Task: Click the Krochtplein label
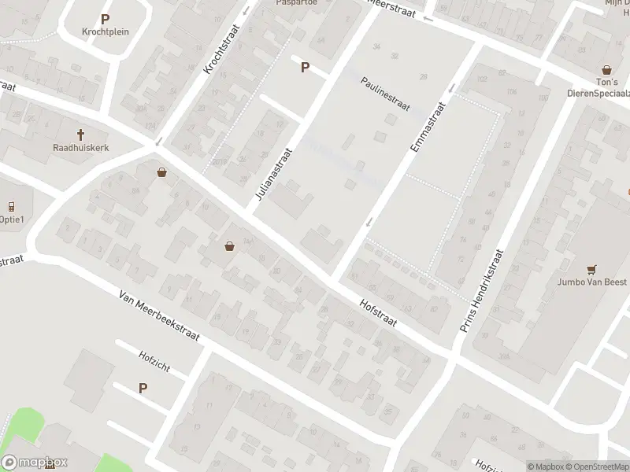105,31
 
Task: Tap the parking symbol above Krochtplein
105,18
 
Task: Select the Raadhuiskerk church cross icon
80,135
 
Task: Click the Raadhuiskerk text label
80,147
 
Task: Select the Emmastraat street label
428,127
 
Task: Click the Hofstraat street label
377,312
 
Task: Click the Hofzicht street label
154,356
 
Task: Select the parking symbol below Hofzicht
143,388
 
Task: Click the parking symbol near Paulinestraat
305,68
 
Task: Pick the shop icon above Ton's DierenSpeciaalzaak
606,70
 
